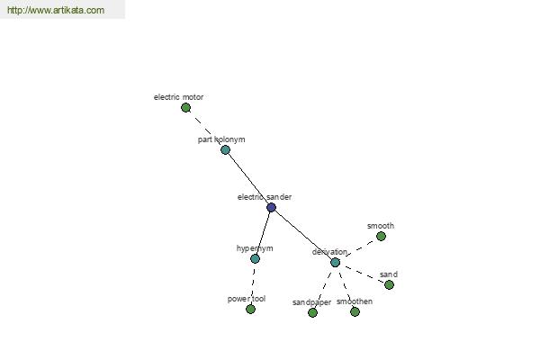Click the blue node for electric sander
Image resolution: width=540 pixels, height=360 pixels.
[272, 207]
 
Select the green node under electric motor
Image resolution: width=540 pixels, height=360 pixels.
[185, 108]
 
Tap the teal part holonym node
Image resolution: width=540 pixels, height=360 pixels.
[225, 150]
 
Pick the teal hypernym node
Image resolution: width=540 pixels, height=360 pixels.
[255, 258]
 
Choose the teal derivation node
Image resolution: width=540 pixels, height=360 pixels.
[335, 263]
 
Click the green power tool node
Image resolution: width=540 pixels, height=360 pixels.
[251, 309]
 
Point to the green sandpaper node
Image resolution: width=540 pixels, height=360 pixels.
[312, 312]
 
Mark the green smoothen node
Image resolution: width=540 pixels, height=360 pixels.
[355, 311]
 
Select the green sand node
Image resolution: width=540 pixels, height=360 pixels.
[389, 285]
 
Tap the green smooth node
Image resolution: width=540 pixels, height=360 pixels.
[381, 237]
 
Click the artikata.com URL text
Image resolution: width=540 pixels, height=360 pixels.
[56, 10]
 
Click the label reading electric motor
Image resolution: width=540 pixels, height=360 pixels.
[178, 97]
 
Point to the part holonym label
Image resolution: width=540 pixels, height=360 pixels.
[221, 139]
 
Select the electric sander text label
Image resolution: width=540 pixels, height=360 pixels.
[265, 197]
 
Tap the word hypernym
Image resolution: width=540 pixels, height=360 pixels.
[255, 248]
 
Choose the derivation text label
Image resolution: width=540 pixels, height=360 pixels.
[329, 252]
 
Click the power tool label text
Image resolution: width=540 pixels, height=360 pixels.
[247, 299]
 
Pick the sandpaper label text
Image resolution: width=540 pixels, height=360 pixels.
[311, 302]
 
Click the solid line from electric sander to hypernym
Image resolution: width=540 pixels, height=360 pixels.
[263, 233]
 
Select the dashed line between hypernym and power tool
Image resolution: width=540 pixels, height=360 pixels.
[253, 283]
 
